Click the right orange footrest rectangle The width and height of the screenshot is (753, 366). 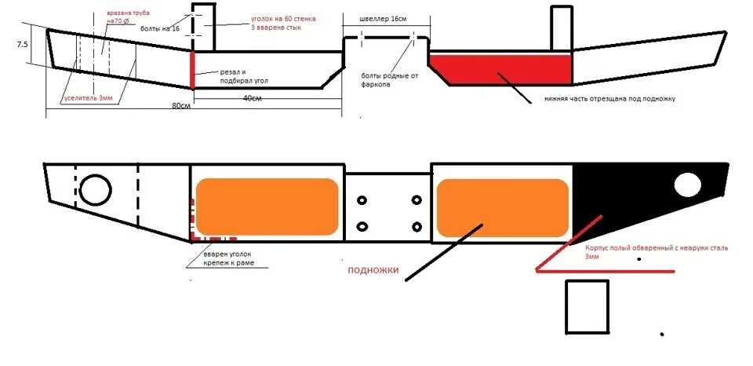coord(502,207)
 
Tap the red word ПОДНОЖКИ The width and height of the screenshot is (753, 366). coord(373,271)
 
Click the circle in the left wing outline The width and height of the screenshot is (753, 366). coord(96,189)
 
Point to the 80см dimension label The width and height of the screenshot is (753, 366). coord(182,104)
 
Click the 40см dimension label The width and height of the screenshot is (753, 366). coord(253,97)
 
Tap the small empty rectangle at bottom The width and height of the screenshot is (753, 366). coord(587,307)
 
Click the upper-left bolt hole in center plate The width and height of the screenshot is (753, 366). coord(362,201)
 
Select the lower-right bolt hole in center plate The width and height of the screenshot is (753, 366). coord(416,227)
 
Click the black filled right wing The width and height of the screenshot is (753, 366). coord(635,196)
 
